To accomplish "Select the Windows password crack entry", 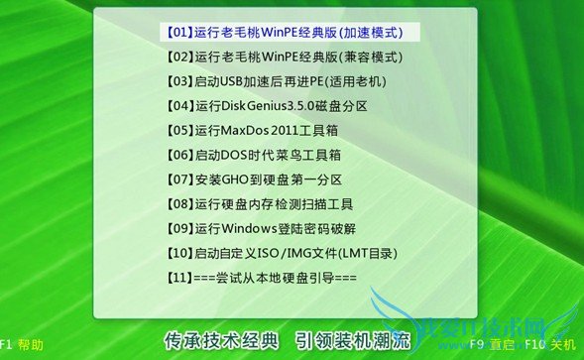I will pos(262,229).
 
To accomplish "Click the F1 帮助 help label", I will pos(22,345).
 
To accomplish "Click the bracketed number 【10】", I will pos(176,253).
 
